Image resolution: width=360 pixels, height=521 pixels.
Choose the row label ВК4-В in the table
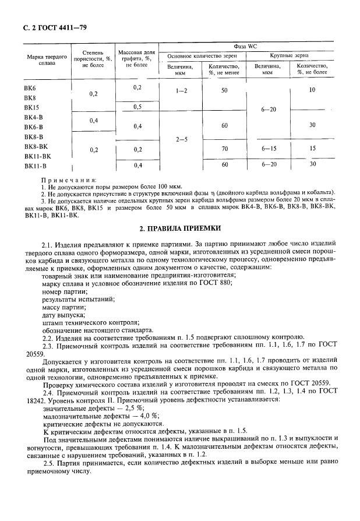(x=34, y=117)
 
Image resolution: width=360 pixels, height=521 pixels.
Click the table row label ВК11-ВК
(x=38, y=156)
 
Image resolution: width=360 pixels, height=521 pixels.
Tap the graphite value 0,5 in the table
(x=137, y=107)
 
